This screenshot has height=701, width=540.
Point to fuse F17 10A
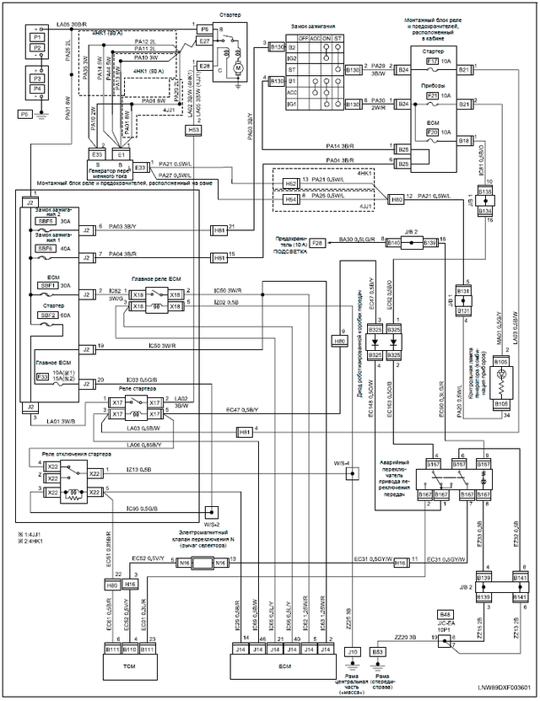(x=432, y=61)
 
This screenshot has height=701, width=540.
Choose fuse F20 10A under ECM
(x=432, y=132)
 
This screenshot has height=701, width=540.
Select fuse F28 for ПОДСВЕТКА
(x=317, y=243)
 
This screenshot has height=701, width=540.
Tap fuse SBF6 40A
(x=46, y=249)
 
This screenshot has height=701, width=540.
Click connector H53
(x=194, y=130)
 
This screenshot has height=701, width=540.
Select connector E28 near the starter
(x=204, y=65)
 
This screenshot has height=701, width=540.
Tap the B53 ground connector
(x=379, y=652)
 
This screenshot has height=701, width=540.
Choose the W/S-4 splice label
(x=341, y=463)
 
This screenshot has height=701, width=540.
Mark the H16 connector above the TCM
(x=130, y=584)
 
